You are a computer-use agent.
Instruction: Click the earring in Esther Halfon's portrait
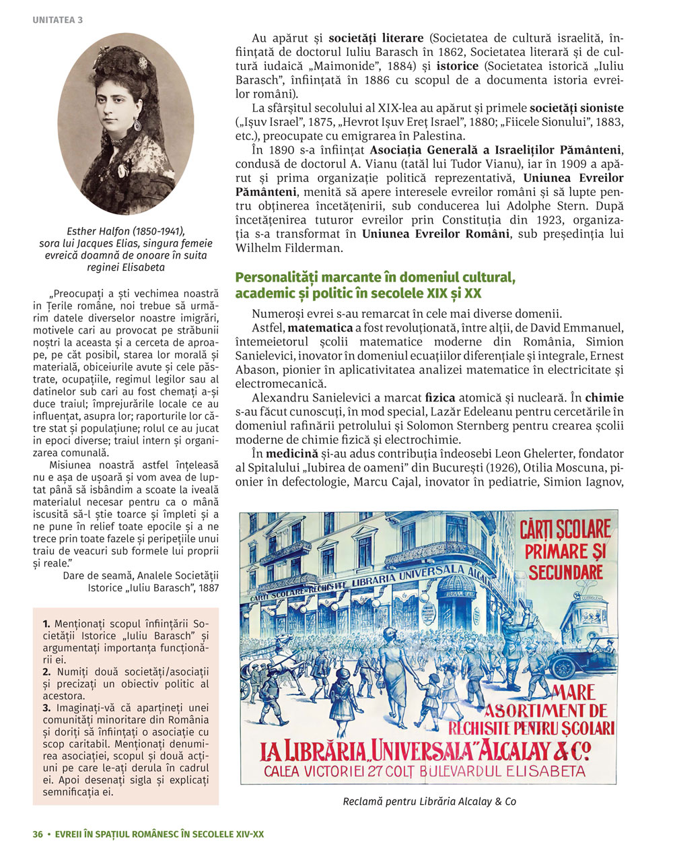[137, 125]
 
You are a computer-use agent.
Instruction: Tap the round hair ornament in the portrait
[142, 63]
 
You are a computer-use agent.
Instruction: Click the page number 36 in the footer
[38, 834]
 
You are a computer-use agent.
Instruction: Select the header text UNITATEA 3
[57, 20]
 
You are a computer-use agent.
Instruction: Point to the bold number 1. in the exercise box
[46, 624]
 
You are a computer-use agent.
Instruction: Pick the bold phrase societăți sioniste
[576, 108]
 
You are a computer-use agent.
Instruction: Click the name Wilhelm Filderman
[290, 248]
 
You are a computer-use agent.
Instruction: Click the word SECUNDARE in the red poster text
[565, 572]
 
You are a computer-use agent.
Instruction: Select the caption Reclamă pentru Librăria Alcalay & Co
[429, 801]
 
